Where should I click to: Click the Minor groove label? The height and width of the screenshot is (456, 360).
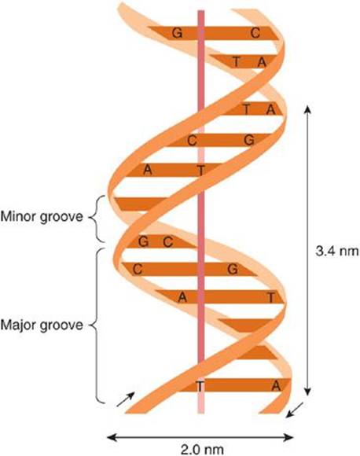pyautogui.click(x=42, y=217)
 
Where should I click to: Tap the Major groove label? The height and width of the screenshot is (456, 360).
pyautogui.click(x=42, y=325)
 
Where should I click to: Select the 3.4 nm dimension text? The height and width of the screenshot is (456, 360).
pyautogui.click(x=337, y=251)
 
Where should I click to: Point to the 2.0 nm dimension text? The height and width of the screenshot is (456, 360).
pyautogui.click(x=202, y=449)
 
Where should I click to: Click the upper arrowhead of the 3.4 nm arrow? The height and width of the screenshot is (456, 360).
pyautogui.click(x=307, y=109)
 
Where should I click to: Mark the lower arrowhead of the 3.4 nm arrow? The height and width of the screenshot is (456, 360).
pyautogui.click(x=307, y=392)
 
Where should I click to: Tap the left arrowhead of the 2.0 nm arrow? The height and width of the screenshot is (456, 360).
pyautogui.click(x=112, y=437)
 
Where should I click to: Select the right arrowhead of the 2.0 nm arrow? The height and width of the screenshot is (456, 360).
pyautogui.click(x=288, y=437)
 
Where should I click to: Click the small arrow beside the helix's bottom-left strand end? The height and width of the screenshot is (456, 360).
pyautogui.click(x=125, y=399)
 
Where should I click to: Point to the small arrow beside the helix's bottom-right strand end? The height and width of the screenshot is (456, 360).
pyautogui.click(x=295, y=410)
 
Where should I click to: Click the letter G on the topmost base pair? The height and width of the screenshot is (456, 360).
pyautogui.click(x=177, y=33)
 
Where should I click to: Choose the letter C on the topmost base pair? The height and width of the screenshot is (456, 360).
pyautogui.click(x=255, y=33)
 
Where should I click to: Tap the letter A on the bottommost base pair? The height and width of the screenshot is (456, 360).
pyautogui.click(x=276, y=386)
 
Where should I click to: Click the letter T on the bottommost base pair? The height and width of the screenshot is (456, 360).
pyautogui.click(x=200, y=386)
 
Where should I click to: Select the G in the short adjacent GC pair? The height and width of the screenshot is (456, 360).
pyautogui.click(x=143, y=241)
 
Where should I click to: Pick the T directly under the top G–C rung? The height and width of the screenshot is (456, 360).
pyautogui.click(x=237, y=62)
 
